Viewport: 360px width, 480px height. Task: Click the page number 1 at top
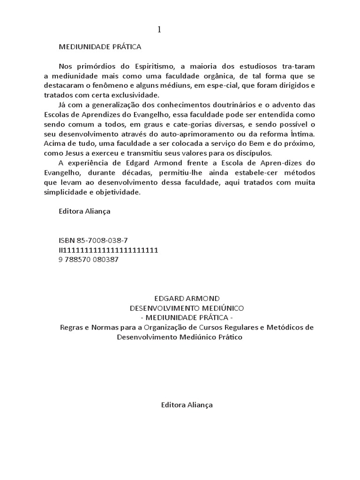click(x=159, y=30)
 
